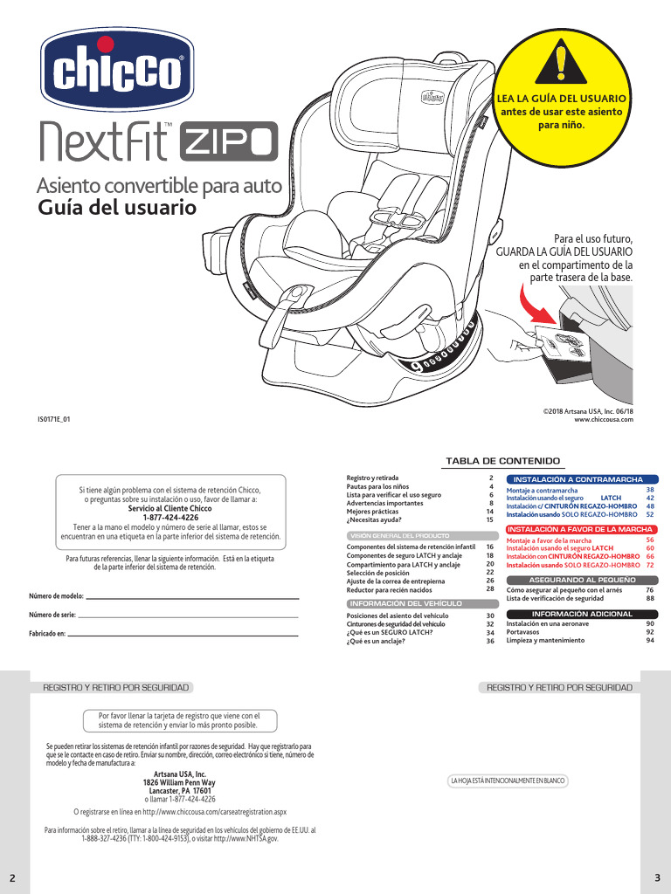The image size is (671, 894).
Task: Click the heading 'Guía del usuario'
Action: (117, 210)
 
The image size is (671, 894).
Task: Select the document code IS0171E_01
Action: (53, 420)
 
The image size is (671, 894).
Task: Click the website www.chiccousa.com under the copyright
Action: (603, 420)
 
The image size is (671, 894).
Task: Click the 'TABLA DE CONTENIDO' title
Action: (502, 461)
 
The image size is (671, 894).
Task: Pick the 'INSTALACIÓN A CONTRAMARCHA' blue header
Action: (578, 479)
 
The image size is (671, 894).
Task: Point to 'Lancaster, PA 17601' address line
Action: (180, 791)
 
